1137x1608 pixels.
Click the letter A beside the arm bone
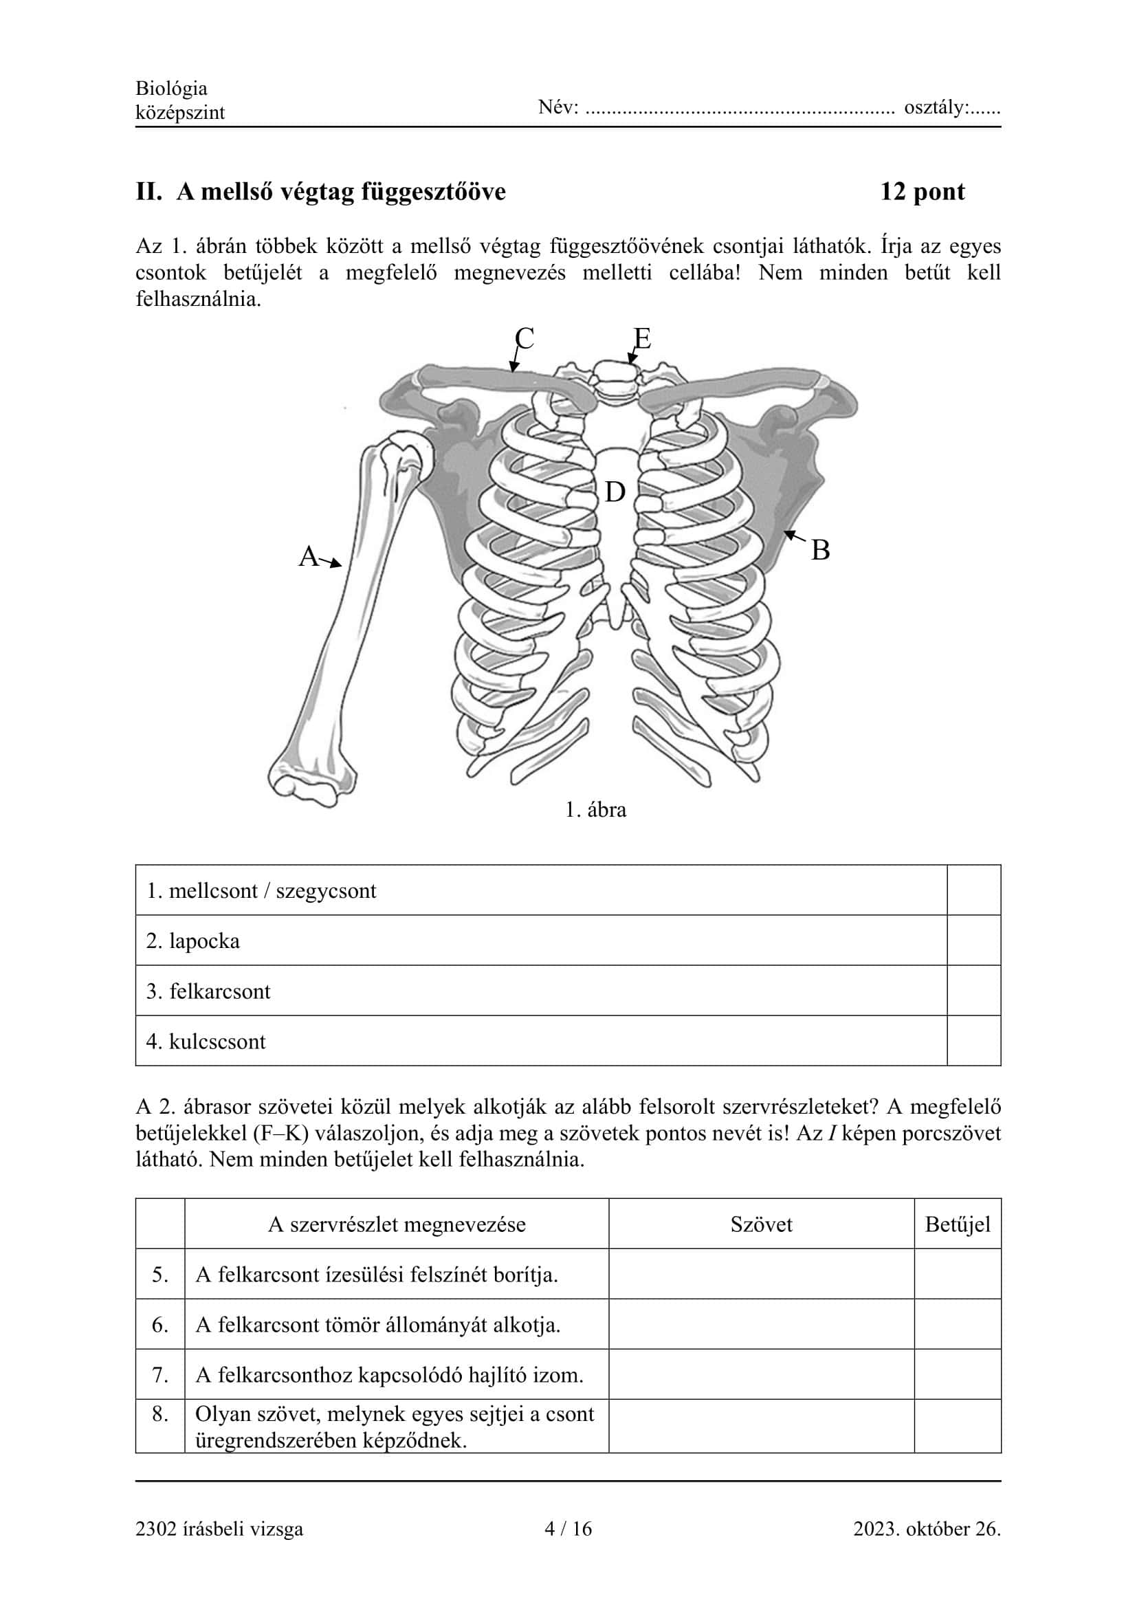click(309, 557)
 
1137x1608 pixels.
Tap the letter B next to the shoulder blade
click(820, 551)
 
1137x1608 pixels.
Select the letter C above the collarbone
click(525, 339)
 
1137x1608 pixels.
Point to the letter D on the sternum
click(615, 492)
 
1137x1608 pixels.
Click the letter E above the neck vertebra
click(642, 339)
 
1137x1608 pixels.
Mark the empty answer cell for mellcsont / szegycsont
click(973, 890)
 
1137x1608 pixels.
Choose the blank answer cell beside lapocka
click(973, 940)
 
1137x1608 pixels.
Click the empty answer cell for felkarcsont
click(973, 991)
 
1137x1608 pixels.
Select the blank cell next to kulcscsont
click(973, 1042)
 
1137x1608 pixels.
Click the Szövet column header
click(761, 1224)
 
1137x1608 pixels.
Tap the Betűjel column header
click(957, 1224)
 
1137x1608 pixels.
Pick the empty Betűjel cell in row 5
click(957, 1275)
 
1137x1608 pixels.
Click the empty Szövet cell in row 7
click(761, 1375)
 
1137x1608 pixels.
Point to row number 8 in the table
click(160, 1414)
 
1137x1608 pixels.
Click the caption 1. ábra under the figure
click(595, 811)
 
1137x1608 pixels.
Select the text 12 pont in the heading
click(922, 191)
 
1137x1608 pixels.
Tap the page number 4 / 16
click(568, 1529)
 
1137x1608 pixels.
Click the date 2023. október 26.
click(926, 1529)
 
